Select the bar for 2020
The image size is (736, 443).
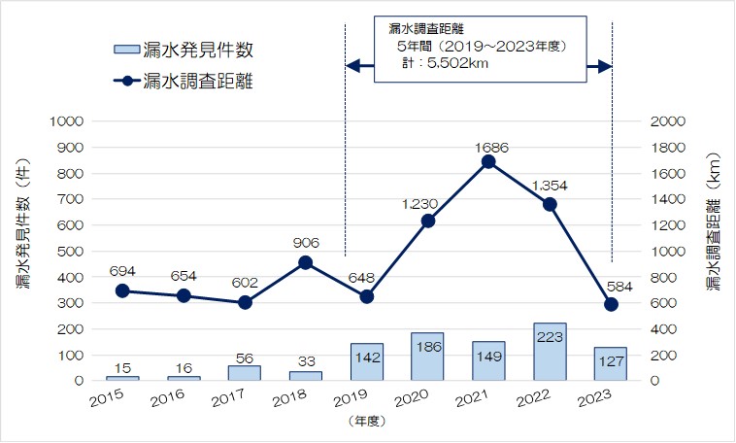coord(427,357)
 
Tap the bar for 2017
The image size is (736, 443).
coord(245,373)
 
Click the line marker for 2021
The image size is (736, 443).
coord(488,161)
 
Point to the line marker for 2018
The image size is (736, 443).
coord(305,262)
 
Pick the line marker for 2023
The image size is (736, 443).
coord(611,304)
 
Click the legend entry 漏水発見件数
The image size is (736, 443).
coord(191,50)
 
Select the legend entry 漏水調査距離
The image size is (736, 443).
coord(191,82)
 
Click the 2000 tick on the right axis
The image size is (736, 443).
coord(670,121)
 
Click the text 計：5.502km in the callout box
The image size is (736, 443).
coord(444,64)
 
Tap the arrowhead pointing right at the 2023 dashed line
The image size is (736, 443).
coord(604,66)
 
